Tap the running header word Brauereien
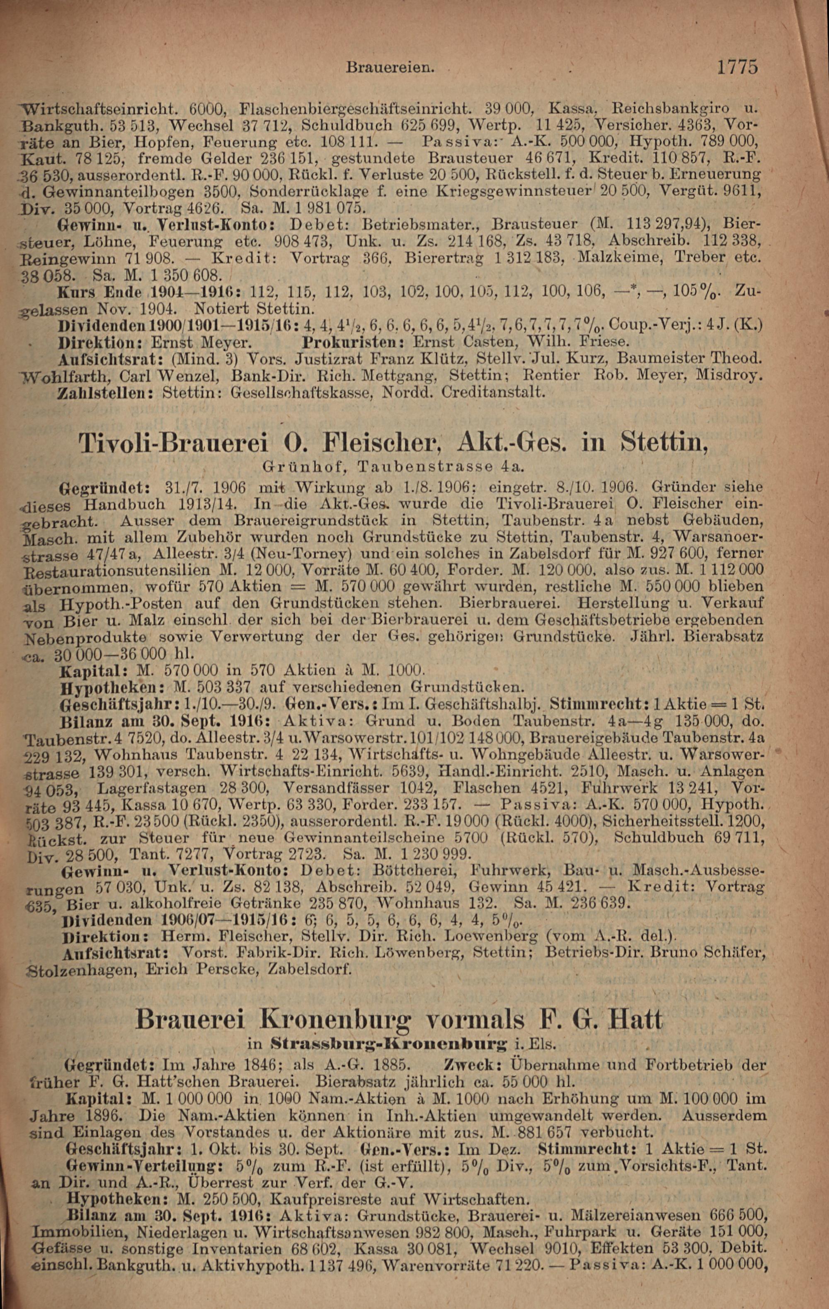(390, 68)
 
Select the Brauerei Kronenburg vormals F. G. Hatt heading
(399, 1018)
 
